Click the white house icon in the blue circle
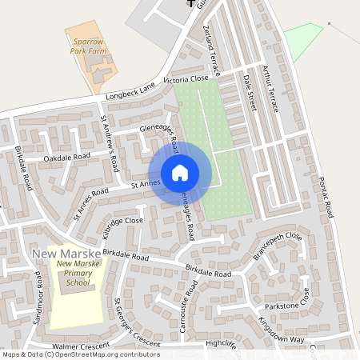click(180, 172)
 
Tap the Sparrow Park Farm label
click(87, 43)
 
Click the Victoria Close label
click(186, 79)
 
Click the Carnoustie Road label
click(183, 305)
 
